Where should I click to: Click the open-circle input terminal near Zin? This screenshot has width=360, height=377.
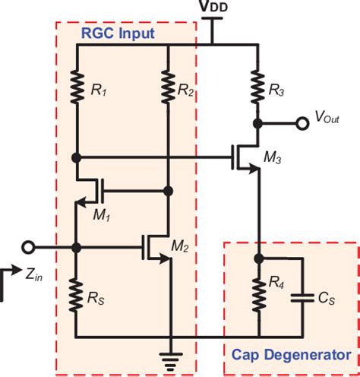click(x=29, y=247)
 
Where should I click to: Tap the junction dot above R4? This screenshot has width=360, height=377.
click(x=258, y=258)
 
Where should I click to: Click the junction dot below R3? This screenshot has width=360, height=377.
click(x=258, y=122)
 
